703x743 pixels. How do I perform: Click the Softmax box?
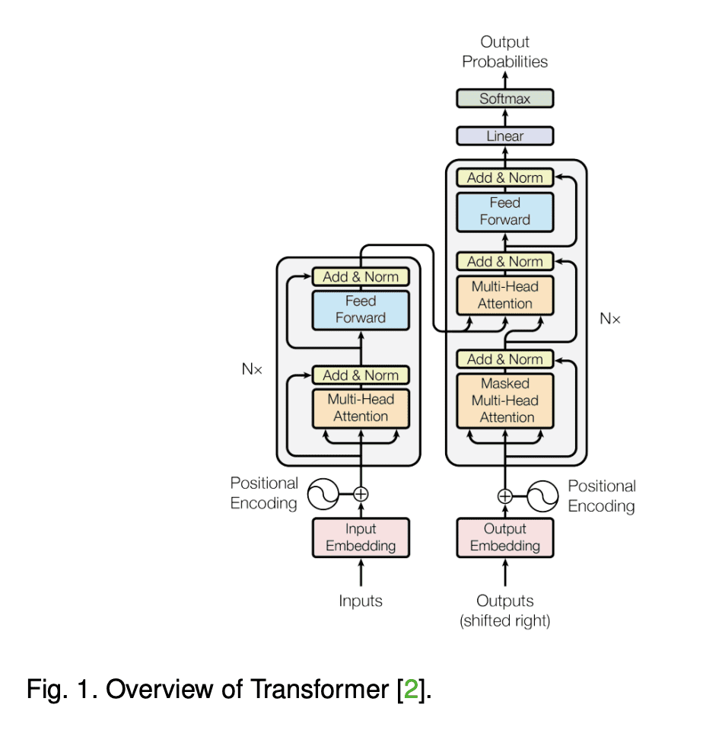tap(504, 98)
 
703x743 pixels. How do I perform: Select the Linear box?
tap(504, 136)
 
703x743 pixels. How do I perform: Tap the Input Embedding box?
tap(361, 537)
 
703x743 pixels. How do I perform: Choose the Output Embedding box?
tap(504, 537)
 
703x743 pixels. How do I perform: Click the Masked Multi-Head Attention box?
tap(504, 400)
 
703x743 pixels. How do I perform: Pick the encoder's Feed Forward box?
tap(361, 310)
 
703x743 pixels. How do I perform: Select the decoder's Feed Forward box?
tap(504, 211)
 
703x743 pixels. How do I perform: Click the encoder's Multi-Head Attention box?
tap(361, 407)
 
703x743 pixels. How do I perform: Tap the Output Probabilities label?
tap(504, 52)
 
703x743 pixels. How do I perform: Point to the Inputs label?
tap(361, 601)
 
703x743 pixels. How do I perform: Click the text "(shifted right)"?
tap(504, 621)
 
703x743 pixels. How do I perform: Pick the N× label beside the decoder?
tap(610, 319)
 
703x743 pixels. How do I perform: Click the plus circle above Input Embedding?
tap(361, 493)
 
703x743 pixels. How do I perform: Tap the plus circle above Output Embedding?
tap(504, 496)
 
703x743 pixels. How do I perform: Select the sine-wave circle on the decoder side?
tap(542, 496)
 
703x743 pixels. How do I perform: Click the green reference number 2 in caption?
tap(410, 690)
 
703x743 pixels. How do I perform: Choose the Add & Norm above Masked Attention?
tap(504, 359)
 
